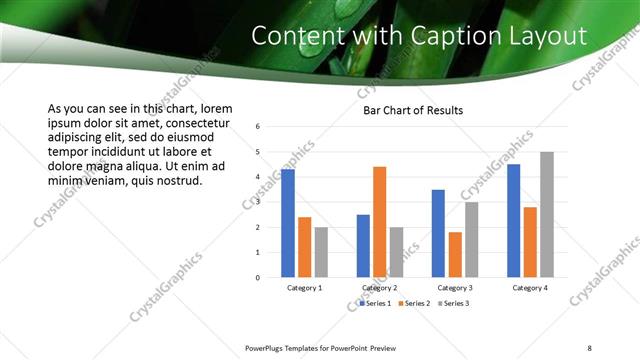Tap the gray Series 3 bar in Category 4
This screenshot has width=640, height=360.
(546, 215)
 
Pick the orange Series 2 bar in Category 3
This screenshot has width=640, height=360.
(455, 255)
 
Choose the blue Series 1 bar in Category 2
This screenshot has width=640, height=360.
(363, 246)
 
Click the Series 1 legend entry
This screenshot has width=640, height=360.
(377, 303)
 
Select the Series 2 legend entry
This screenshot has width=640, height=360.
(415, 303)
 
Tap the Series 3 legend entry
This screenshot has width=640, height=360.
(453, 303)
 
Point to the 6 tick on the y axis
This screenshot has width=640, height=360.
(258, 127)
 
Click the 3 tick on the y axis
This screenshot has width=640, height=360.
(258, 202)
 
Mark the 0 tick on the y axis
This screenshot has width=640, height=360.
(258, 278)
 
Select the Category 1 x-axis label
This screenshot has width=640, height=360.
(304, 288)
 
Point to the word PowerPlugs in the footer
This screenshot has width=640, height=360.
(266, 348)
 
